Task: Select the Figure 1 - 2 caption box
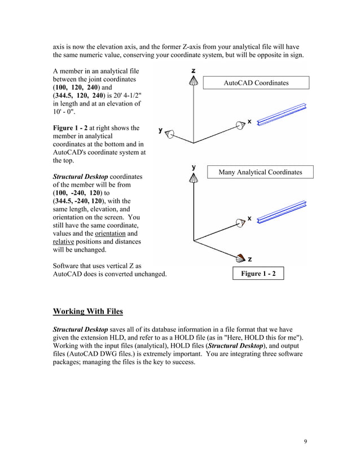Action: pyautogui.click(x=258, y=274)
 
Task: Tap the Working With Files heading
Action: pyautogui.click(x=87, y=311)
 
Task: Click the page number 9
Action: pyautogui.click(x=306, y=441)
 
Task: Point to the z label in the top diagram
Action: pyautogui.click(x=194, y=71)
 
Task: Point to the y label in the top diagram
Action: pyautogui.click(x=161, y=130)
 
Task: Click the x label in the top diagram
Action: pyautogui.click(x=249, y=121)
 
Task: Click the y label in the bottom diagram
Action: pyautogui.click(x=194, y=167)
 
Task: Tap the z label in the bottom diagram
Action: pyautogui.click(x=250, y=259)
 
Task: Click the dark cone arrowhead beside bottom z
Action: pyautogui.click(x=240, y=259)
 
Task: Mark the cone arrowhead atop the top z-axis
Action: pyautogui.click(x=194, y=82)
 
